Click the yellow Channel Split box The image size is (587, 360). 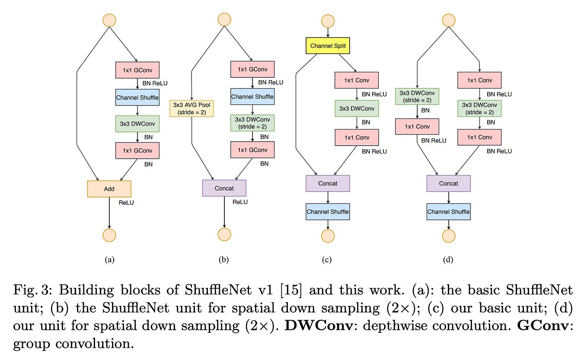tap(327, 45)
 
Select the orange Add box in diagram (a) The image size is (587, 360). tap(109, 189)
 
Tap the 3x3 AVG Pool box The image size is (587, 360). tap(191, 108)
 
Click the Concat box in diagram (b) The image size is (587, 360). tap(224, 188)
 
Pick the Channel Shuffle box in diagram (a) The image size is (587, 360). tap(137, 97)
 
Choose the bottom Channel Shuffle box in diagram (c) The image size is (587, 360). tap(327, 212)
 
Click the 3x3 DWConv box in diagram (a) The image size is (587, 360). tap(137, 124)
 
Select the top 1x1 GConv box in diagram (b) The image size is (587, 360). tap(252, 70)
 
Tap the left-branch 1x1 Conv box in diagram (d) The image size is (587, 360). tap(417, 127)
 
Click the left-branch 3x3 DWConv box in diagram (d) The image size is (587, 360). tap(417, 96)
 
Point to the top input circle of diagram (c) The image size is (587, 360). tap(328, 21)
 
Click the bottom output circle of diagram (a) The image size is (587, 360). tap(109, 235)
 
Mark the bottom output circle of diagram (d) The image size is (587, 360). tap(448, 236)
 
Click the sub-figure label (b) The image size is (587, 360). tap(223, 260)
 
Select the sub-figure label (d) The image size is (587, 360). tap(448, 260)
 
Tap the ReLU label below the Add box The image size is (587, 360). tap(126, 202)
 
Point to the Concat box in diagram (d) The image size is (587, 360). tap(448, 183)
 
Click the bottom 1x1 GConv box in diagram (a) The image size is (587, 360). tap(137, 150)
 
